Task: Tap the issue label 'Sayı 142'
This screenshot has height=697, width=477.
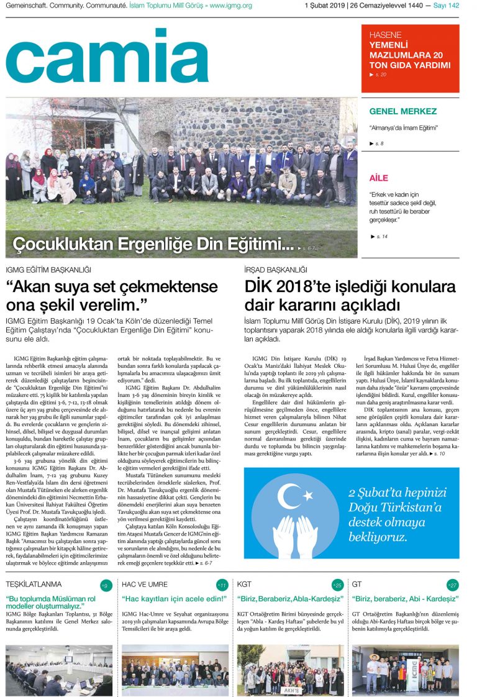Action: point(446,6)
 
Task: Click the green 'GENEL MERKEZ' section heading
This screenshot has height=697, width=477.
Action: point(402,112)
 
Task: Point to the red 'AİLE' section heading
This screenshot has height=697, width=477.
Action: point(378,178)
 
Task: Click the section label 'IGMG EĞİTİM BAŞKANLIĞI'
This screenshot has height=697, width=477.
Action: point(48,270)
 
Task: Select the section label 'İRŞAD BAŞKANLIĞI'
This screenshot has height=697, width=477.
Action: point(276,270)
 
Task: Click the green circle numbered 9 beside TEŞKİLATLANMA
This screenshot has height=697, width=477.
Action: point(106,585)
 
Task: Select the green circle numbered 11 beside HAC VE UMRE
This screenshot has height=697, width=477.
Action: point(221,585)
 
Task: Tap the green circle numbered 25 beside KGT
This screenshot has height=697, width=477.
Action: point(337,585)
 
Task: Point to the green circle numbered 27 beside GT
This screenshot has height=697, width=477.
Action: point(453,585)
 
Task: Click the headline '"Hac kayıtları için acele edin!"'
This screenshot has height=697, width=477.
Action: point(175,599)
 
